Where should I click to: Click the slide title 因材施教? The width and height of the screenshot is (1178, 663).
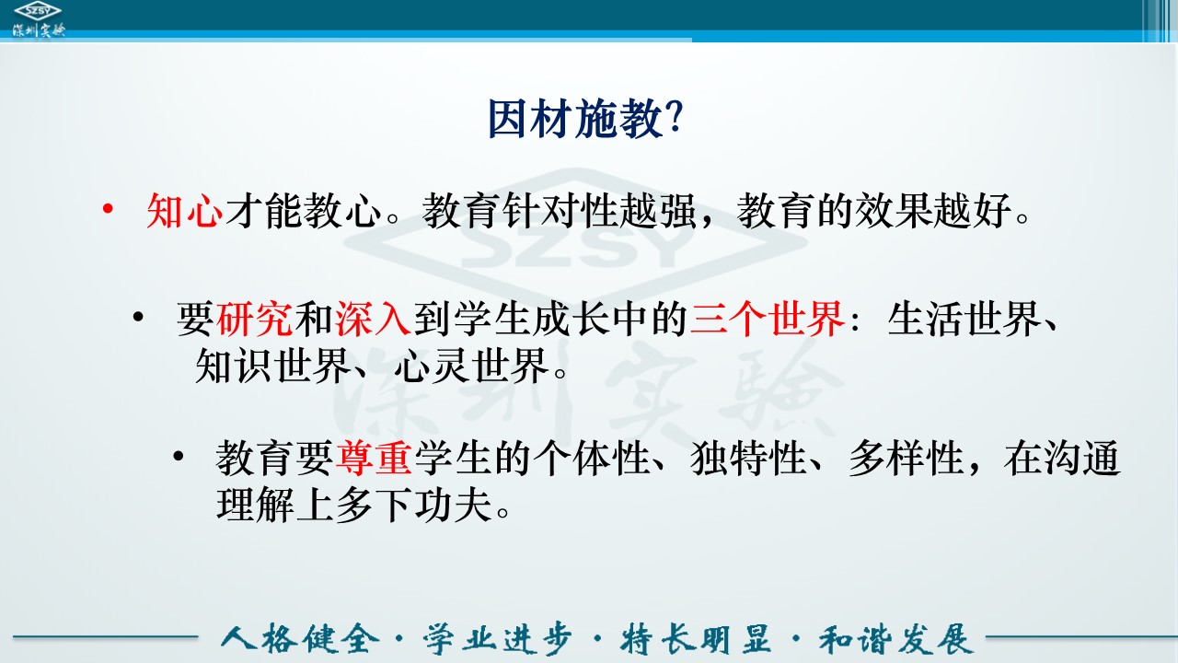click(x=586, y=119)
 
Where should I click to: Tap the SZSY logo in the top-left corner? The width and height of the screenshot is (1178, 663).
click(x=39, y=20)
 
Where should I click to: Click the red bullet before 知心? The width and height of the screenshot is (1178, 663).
click(x=108, y=209)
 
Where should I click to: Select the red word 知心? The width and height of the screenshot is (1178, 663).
click(x=185, y=211)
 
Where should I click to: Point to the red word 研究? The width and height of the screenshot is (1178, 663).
click(x=255, y=319)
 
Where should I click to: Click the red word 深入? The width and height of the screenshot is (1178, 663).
click(x=373, y=319)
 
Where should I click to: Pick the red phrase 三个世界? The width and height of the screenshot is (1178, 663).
click(x=768, y=319)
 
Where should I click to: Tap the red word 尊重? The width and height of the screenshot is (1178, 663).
click(x=374, y=459)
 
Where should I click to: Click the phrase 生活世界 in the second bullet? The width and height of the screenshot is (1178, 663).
click(x=965, y=319)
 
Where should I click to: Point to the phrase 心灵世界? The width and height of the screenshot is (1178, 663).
click(x=472, y=366)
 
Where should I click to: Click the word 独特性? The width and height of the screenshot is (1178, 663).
click(x=749, y=459)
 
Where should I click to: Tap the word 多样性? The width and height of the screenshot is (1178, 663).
click(x=907, y=459)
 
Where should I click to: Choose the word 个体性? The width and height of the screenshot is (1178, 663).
click(x=592, y=459)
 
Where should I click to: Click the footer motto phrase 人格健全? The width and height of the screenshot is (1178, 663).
click(x=300, y=639)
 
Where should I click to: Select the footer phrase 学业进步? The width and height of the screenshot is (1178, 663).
click(x=498, y=639)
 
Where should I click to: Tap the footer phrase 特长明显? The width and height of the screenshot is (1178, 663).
click(x=696, y=639)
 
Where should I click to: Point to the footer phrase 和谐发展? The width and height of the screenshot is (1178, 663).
click(x=896, y=639)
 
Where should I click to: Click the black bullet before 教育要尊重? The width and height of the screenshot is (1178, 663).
click(x=179, y=456)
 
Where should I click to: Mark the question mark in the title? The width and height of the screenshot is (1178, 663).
click(x=674, y=118)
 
